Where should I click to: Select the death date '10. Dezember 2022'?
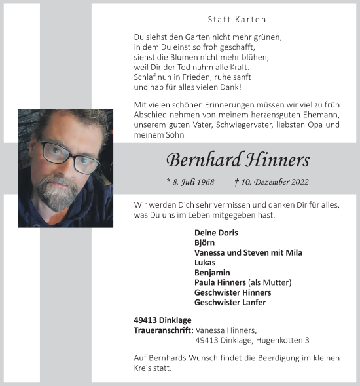(x=276, y=182)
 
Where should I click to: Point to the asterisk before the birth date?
(x=168, y=180)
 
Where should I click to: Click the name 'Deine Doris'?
(x=216, y=233)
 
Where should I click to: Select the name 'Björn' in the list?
(x=205, y=242)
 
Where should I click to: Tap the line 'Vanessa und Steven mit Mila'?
(x=248, y=252)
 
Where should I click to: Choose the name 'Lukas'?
(x=205, y=262)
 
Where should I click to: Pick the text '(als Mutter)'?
(x=270, y=282)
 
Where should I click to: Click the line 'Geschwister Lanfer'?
(x=230, y=302)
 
